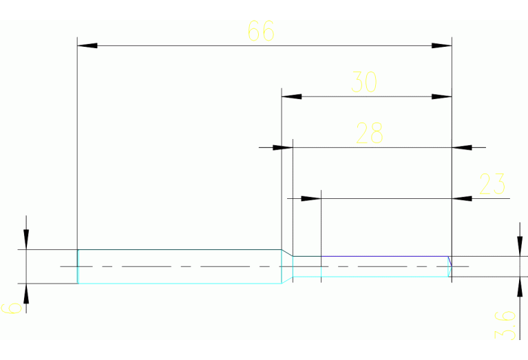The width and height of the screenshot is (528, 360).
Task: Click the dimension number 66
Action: (x=260, y=31)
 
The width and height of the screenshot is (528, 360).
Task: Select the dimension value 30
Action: (x=364, y=82)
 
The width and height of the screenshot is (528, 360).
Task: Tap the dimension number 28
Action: (x=369, y=133)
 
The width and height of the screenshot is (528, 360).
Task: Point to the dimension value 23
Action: (x=492, y=184)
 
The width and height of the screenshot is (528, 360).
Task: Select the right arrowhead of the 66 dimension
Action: (x=441, y=45)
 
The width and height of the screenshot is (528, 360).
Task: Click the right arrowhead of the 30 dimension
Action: (x=441, y=96)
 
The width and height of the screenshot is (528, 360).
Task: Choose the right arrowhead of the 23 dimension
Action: (x=462, y=198)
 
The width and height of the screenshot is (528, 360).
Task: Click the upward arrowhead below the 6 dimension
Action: (x=26, y=293)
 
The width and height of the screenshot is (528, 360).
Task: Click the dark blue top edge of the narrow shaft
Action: (x=372, y=257)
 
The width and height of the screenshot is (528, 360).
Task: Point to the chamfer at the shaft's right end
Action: (x=450, y=262)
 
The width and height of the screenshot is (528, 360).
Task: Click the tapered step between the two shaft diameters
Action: (x=287, y=253)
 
